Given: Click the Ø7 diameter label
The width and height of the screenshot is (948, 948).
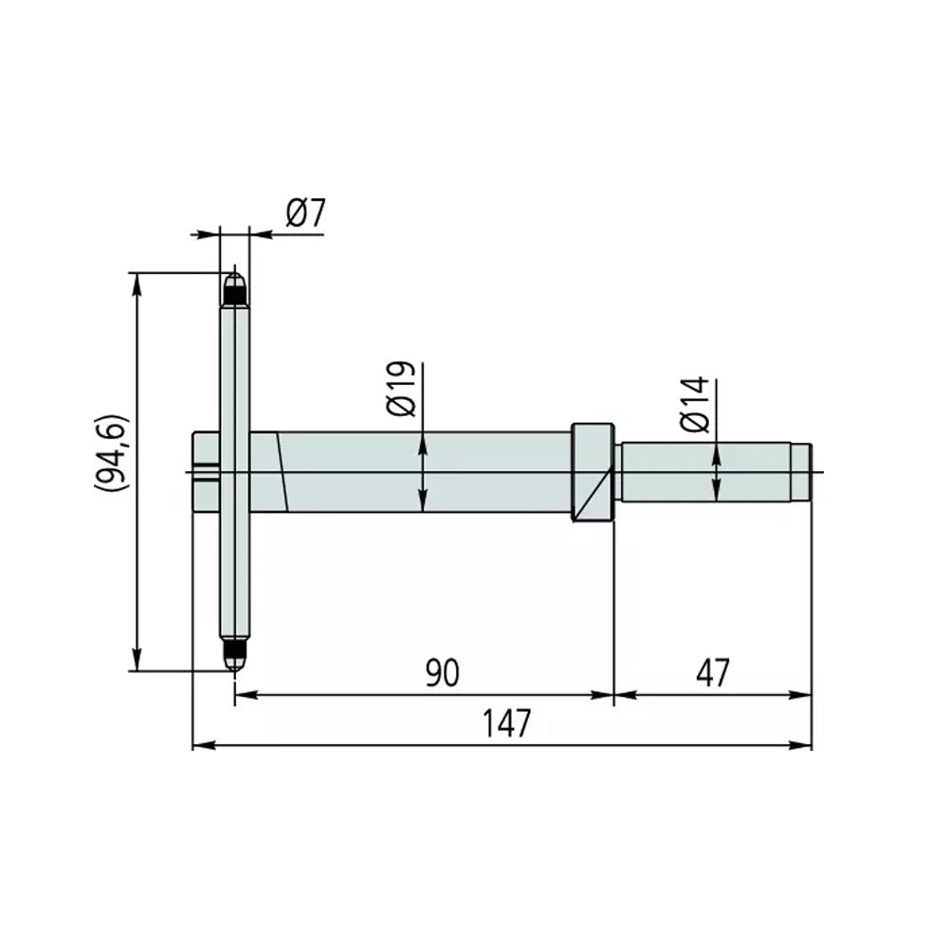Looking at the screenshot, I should (305, 214).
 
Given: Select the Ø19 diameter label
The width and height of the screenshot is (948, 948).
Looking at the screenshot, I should (401, 389).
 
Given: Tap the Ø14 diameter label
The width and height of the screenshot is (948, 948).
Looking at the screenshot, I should (694, 405).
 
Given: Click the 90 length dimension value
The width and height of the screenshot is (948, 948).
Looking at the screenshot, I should (442, 673).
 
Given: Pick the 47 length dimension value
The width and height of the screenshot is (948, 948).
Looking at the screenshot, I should (712, 673).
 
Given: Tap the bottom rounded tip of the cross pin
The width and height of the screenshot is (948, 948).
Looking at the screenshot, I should (233, 656).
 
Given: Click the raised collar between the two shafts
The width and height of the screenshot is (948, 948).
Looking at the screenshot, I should (592, 471).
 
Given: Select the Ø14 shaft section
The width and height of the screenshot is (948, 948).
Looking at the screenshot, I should (706, 472).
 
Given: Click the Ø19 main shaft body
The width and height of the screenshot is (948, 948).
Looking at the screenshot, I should (427, 472).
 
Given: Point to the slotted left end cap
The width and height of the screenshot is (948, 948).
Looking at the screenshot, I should (205, 472).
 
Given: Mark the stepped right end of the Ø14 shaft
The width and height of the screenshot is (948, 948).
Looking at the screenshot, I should (801, 472).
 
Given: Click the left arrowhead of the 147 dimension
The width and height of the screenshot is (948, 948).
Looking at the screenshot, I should (200, 746).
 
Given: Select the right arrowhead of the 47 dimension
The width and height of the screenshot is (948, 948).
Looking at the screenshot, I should (805, 695).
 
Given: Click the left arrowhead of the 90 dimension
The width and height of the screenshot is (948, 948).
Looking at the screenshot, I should (242, 695).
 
